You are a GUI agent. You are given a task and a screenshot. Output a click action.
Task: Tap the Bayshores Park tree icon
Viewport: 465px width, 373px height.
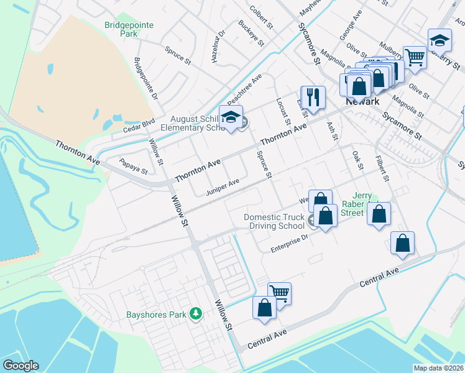click(x=196, y=313)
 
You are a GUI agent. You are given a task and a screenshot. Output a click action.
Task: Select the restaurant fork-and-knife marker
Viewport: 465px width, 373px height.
click(x=313, y=97)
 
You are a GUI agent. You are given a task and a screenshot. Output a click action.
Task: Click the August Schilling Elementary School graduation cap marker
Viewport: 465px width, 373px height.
click(x=231, y=117)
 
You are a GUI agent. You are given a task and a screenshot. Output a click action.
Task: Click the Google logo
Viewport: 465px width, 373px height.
click(x=20, y=365)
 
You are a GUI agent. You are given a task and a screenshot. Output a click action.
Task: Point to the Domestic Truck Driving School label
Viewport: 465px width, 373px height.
click(x=274, y=221)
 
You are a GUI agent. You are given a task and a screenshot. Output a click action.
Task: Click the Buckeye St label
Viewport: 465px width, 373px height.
click(x=247, y=32)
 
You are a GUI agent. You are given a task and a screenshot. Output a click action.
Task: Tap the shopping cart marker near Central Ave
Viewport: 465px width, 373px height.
click(x=279, y=293)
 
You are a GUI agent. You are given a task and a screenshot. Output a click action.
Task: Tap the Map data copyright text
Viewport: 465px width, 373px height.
click(x=438, y=368)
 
